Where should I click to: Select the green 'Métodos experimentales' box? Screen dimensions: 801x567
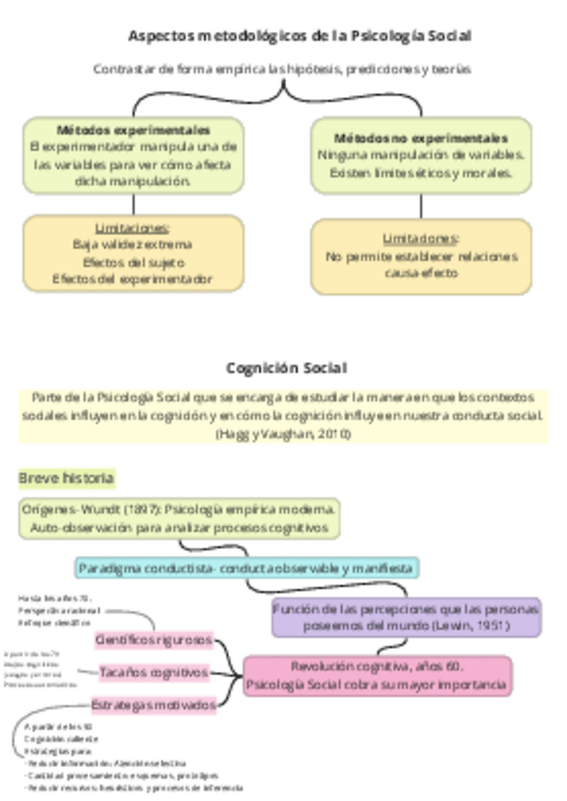[x=133, y=155]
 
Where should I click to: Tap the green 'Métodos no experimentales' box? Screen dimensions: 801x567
[x=421, y=155]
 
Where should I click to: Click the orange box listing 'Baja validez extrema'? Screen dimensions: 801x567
[x=133, y=253]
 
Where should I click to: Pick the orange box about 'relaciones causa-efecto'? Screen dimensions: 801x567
[x=421, y=256]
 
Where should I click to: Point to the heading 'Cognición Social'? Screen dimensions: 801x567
[x=285, y=367]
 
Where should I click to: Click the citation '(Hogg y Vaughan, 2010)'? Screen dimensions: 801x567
[x=283, y=434]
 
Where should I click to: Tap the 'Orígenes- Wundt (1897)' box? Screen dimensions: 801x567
[x=179, y=518]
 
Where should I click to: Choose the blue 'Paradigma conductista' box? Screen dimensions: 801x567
[x=246, y=568]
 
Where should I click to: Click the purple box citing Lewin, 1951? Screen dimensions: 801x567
[x=405, y=617]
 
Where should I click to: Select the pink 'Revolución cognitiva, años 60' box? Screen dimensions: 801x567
[x=377, y=675]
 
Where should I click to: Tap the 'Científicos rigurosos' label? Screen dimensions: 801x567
[x=154, y=639]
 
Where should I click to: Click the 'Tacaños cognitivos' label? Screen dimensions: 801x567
[x=154, y=673]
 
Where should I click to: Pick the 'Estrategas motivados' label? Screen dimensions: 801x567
[x=154, y=705]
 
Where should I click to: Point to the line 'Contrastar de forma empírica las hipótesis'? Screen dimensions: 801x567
[x=282, y=69]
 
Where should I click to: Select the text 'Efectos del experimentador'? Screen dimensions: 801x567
[x=132, y=279]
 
